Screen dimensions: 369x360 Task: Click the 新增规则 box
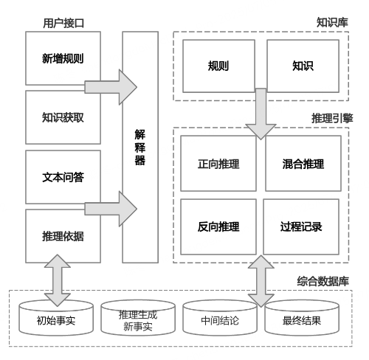(x=63, y=58)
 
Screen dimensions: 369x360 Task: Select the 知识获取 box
(x=63, y=117)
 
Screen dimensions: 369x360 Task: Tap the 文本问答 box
(x=63, y=177)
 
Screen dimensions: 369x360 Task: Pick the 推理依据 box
(x=63, y=236)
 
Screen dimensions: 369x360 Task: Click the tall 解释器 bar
(x=140, y=147)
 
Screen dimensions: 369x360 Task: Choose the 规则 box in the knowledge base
(x=218, y=66)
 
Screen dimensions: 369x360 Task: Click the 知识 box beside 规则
(x=303, y=66)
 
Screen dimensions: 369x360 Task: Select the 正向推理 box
(x=218, y=163)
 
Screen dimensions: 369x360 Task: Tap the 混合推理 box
(x=303, y=163)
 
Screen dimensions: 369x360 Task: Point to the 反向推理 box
(x=218, y=226)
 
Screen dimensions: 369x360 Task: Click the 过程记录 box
(x=301, y=226)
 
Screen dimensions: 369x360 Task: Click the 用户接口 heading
(x=63, y=24)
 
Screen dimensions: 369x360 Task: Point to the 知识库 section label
(x=332, y=23)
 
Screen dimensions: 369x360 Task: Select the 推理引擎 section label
(x=332, y=118)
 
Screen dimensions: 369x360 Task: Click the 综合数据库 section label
(x=323, y=281)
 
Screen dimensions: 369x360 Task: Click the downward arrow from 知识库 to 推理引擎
(x=261, y=114)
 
